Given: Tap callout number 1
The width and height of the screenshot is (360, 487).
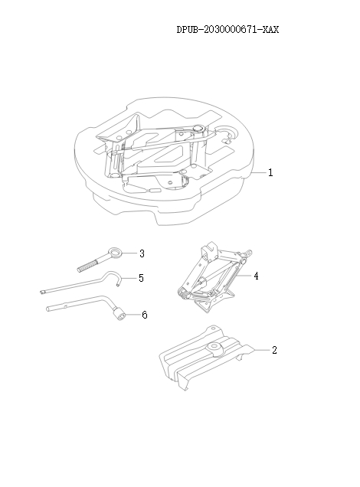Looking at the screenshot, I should click(x=270, y=172).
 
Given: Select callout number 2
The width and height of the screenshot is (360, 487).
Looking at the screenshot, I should click(x=274, y=350).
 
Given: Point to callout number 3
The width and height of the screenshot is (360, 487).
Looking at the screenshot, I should click(x=142, y=253).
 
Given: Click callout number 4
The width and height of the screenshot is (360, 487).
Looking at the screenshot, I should click(x=256, y=276).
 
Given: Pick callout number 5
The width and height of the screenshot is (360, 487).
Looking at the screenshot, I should click(x=141, y=278).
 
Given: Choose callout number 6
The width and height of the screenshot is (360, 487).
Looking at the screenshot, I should click(x=143, y=315).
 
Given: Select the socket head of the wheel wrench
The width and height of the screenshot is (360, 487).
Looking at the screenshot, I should click(x=120, y=313).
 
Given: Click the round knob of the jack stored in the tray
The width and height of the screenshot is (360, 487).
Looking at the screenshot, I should click(x=198, y=129).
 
